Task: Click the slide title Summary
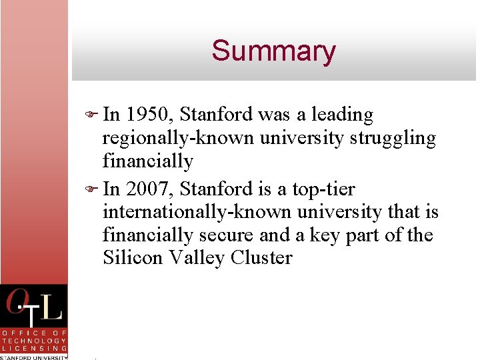click(273, 51)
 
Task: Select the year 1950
click(150, 115)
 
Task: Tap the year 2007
click(150, 189)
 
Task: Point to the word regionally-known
click(178, 139)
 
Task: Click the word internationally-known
click(198, 213)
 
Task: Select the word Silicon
click(131, 258)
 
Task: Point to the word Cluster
click(262, 258)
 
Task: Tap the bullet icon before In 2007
click(93, 190)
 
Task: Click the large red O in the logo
click(16, 304)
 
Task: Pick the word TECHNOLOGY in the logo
click(34, 340)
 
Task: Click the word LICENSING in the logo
click(34, 348)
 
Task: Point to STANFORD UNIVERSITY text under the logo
click(34, 357)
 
